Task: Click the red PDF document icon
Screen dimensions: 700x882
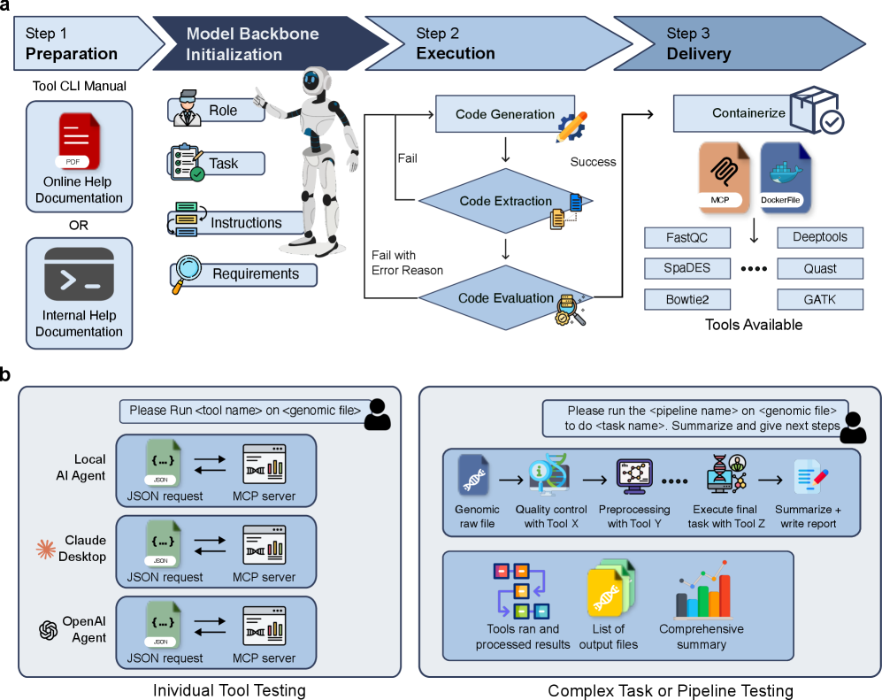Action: pos(80,142)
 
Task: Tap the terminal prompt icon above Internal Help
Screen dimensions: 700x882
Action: pos(79,274)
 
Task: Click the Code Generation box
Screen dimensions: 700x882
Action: pos(505,114)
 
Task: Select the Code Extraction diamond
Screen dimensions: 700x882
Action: pos(505,202)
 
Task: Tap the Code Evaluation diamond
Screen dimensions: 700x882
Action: pos(505,298)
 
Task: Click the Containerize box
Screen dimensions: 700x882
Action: pos(748,113)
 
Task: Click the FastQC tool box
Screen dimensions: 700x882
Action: pos(687,237)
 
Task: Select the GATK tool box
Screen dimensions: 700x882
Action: pos(819,299)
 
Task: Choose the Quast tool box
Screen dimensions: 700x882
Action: pos(819,268)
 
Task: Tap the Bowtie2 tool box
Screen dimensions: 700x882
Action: pos(687,299)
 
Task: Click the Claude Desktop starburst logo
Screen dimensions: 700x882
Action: pos(45,549)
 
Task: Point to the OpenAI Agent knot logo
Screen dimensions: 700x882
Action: pos(48,630)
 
